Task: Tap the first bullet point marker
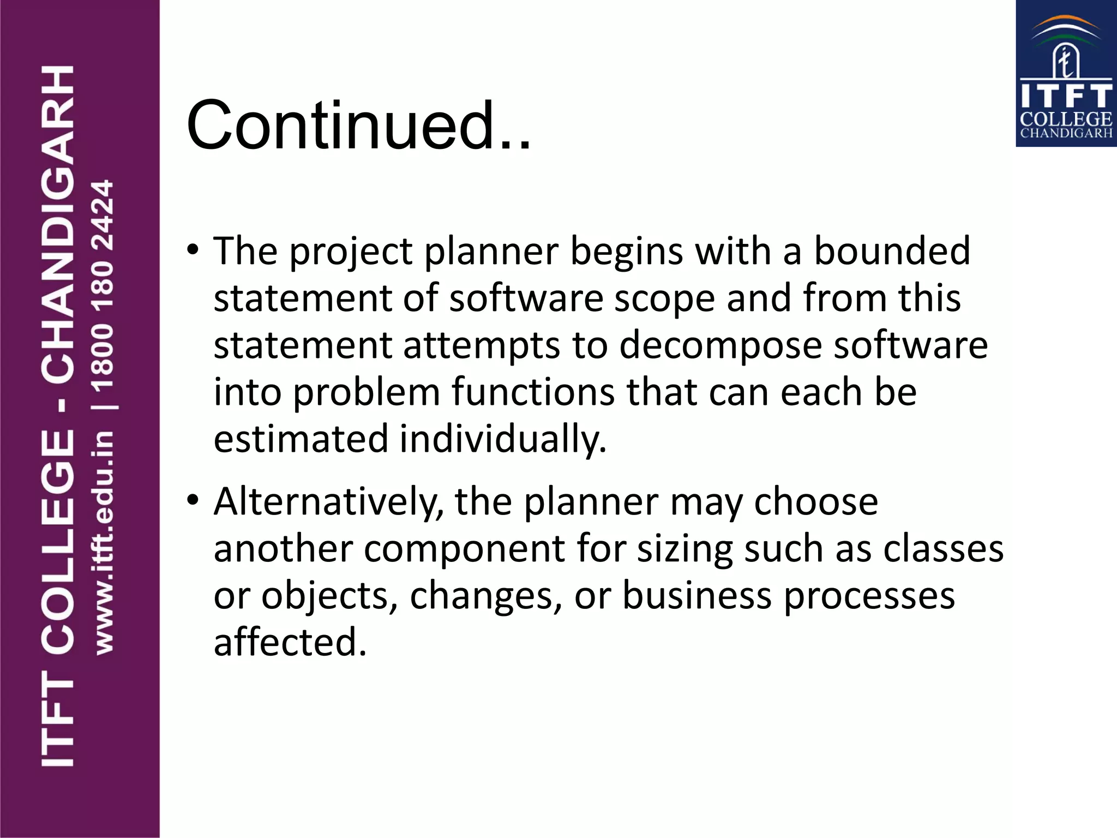(193, 250)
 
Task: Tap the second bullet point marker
(193, 500)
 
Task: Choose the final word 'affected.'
(290, 642)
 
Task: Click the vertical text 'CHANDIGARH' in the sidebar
(58, 224)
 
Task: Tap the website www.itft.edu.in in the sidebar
(104, 543)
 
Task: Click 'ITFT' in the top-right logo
(1066, 96)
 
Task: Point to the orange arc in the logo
(1066, 22)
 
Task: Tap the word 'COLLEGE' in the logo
(1066, 119)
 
